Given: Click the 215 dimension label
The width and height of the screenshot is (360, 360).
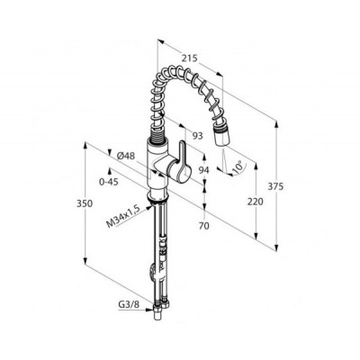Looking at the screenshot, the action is pos(190,58).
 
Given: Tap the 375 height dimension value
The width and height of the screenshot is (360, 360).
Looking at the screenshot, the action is pos(275,186).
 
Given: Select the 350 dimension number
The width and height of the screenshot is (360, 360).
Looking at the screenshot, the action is pos(85,203).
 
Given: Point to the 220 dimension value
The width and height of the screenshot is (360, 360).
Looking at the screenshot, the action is pos(255,202).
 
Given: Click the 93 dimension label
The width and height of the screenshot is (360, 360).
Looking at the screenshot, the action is pos(197,136).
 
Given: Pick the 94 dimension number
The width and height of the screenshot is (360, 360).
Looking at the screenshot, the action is pos(204,170).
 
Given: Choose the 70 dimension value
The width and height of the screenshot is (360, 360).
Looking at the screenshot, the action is pos(204,226).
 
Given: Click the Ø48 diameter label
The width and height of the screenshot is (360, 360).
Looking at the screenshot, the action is pos(126,156).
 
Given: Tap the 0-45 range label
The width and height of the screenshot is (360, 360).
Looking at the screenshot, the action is pos(110,182).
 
